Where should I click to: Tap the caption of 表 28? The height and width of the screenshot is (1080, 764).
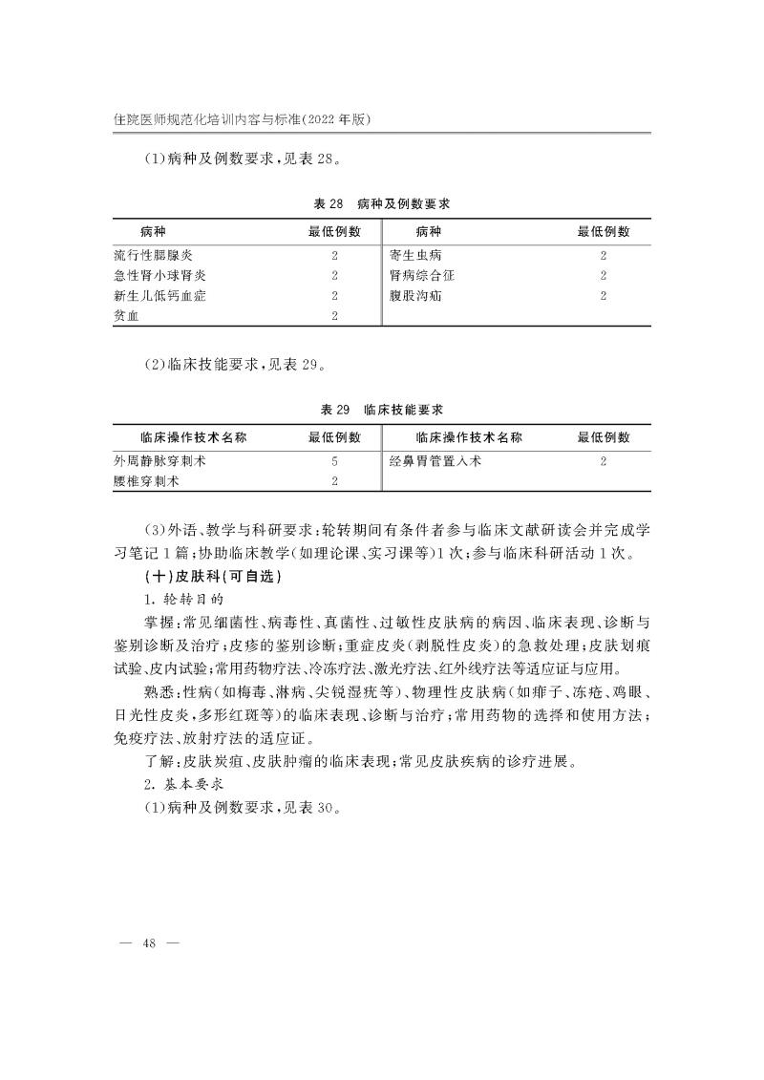coord(381,204)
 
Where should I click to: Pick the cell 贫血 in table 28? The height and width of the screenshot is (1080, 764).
coord(126,316)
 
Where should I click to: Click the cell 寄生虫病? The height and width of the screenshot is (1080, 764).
coord(415,255)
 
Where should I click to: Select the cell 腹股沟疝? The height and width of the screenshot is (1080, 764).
coord(415,296)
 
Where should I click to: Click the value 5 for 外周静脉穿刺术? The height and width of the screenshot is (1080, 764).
coord(334,460)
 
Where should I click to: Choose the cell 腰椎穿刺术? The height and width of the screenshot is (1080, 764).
coord(146,481)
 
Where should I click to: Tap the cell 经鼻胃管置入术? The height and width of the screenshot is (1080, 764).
coord(435,460)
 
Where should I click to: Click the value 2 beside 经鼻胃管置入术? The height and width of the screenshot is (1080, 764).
coord(604,460)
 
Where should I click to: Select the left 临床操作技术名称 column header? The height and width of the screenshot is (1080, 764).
coord(193,437)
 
